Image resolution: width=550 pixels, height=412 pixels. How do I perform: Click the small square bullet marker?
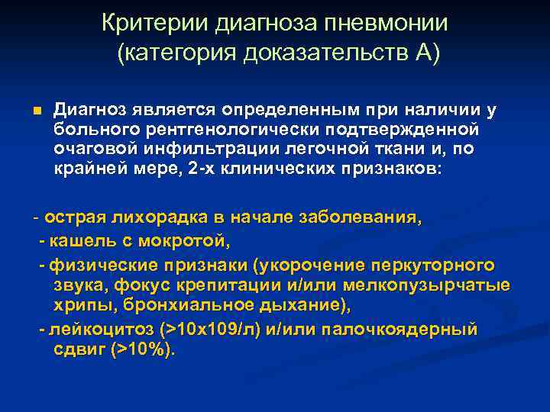tap(36, 111)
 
